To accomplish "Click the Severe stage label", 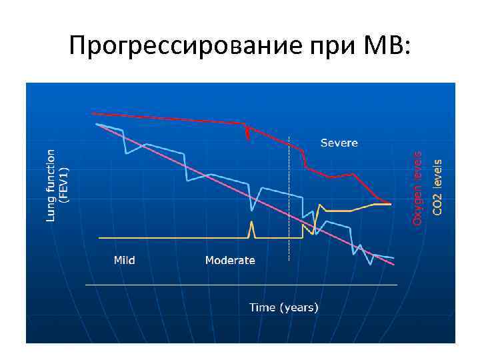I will coord(339,143).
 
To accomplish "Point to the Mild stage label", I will coord(124,260).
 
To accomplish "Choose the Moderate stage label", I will coord(230,260).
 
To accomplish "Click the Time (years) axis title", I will coord(284,307).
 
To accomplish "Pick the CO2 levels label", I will coord(437,187).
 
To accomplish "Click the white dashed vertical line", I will coord(289,200).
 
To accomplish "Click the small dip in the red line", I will coord(248,133).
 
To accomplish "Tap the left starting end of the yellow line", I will coord(99,237).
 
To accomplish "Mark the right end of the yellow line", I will coord(391,204).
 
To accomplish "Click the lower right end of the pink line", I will coord(393,265).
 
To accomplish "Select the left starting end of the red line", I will coord(92,113).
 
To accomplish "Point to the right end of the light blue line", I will coord(393,257).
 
